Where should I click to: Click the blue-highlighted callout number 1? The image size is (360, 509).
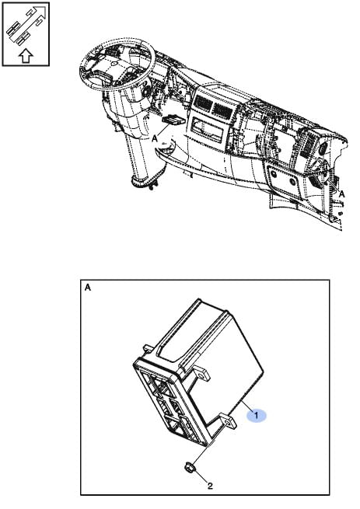pos(257,415)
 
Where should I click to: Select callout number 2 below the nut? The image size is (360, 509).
pos(210,486)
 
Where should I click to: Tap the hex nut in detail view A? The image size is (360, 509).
pos(189,469)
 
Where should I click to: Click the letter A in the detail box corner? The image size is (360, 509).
pos(88,288)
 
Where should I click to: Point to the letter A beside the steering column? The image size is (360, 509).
pos(156,138)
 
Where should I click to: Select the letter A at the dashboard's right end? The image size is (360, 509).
pos(341,194)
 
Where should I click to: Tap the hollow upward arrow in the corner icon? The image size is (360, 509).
pos(26,55)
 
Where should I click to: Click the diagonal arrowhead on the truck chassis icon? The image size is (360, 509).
pos(40,12)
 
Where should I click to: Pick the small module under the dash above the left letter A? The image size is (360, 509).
pos(173,120)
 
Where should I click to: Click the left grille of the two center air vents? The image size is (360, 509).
pos(203,103)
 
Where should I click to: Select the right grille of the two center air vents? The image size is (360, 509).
pos(222,110)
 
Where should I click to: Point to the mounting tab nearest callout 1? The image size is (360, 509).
pos(229,420)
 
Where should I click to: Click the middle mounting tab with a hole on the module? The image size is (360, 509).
pos(201,375)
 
